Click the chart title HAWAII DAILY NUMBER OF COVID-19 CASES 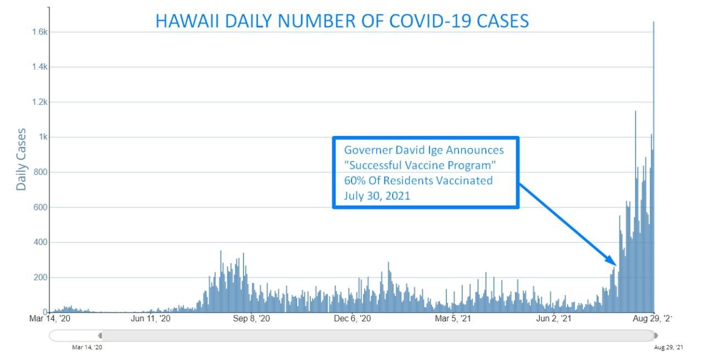pos(342,21)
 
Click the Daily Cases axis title pos(21,159)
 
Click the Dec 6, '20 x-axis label pos(352,318)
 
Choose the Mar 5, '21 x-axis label pos(453,318)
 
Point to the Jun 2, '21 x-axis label pos(553,318)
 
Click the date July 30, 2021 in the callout pos(377,196)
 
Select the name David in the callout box pos(418,150)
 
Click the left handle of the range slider pos(100,335)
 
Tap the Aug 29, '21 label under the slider pos(669,347)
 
